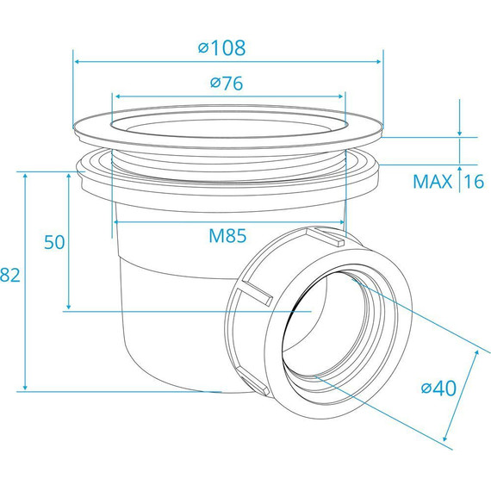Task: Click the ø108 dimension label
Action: pyautogui.click(x=221, y=48)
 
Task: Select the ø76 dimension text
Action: pyautogui.click(x=227, y=83)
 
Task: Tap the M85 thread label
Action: pyautogui.click(x=227, y=235)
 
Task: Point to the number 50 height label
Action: pyautogui.click(x=54, y=242)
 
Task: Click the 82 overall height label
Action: pyautogui.click(x=10, y=275)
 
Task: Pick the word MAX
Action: pyautogui.click(x=432, y=181)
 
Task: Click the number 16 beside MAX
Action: pyautogui.click(x=474, y=181)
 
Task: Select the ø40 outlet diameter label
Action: pyautogui.click(x=438, y=388)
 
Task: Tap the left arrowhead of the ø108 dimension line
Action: pyautogui.click(x=77, y=62)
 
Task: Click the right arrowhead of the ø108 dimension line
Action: pyautogui.click(x=378, y=62)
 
